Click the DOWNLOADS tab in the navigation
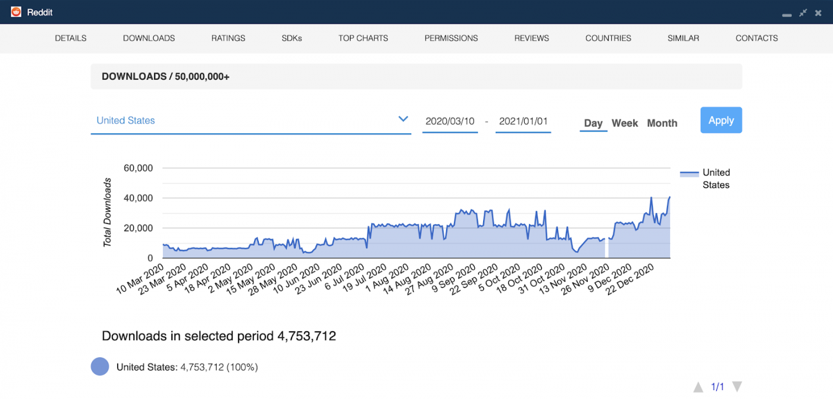149,38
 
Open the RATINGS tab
228,38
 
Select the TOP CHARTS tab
363,38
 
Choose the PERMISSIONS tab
451,38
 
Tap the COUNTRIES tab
608,38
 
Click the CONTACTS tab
756,38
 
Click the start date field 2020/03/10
450,121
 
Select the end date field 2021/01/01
523,121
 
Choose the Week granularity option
625,123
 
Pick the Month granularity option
662,123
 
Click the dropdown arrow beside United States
403,119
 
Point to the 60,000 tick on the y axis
138,168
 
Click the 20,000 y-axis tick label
138,228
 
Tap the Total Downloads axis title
108,213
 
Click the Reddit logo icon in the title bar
16,12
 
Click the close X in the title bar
818,13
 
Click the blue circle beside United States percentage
100,367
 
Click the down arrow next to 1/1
737,387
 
